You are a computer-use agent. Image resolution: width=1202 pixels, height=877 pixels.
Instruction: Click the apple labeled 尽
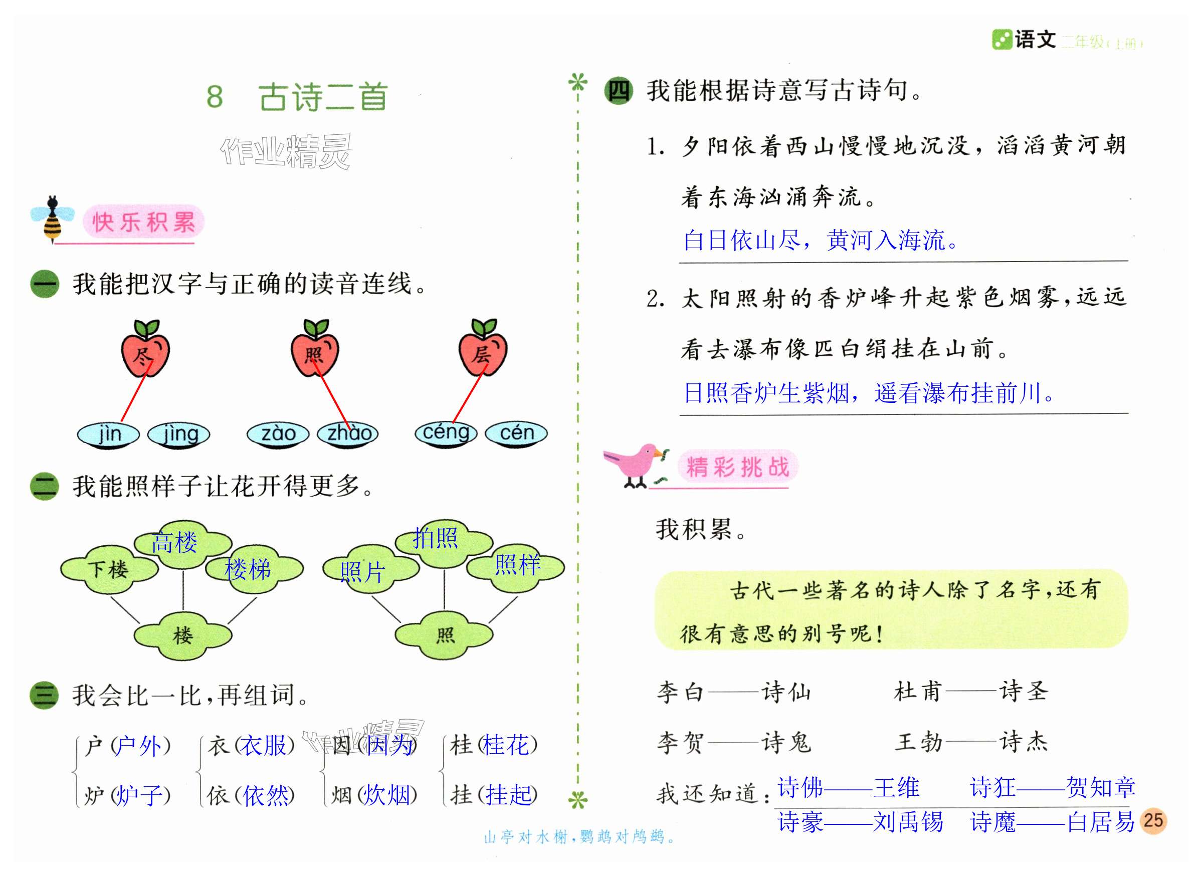pyautogui.click(x=145, y=353)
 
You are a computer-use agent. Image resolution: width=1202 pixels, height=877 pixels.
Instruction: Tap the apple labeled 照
pyautogui.click(x=315, y=353)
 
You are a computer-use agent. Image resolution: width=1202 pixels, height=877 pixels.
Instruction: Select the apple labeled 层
pyautogui.click(x=483, y=353)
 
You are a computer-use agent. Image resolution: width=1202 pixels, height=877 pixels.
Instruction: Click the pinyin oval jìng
pyautogui.click(x=179, y=434)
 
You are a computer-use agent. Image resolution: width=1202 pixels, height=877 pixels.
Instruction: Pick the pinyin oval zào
pyautogui.click(x=278, y=434)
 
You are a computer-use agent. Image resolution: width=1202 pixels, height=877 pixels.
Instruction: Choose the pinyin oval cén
pyautogui.click(x=517, y=433)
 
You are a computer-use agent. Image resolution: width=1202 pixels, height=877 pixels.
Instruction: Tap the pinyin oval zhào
pyautogui.click(x=348, y=434)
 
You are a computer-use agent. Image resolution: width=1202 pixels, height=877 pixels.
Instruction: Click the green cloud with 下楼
pyautogui.click(x=109, y=570)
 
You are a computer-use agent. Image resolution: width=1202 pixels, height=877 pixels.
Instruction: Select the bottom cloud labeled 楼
pyautogui.click(x=182, y=635)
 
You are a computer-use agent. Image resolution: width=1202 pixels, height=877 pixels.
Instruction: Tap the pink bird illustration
pyautogui.click(x=635, y=465)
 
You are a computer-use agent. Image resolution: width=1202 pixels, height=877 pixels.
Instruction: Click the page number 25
pyautogui.click(x=1153, y=820)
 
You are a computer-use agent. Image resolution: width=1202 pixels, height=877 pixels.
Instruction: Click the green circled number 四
pyautogui.click(x=619, y=91)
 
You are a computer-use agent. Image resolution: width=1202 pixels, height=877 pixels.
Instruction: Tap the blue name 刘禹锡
pyautogui.click(x=908, y=822)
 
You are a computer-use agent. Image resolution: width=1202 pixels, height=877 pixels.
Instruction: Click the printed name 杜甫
pyautogui.click(x=918, y=692)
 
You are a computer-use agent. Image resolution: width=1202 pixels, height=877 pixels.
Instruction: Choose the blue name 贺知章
pyautogui.click(x=1101, y=787)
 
